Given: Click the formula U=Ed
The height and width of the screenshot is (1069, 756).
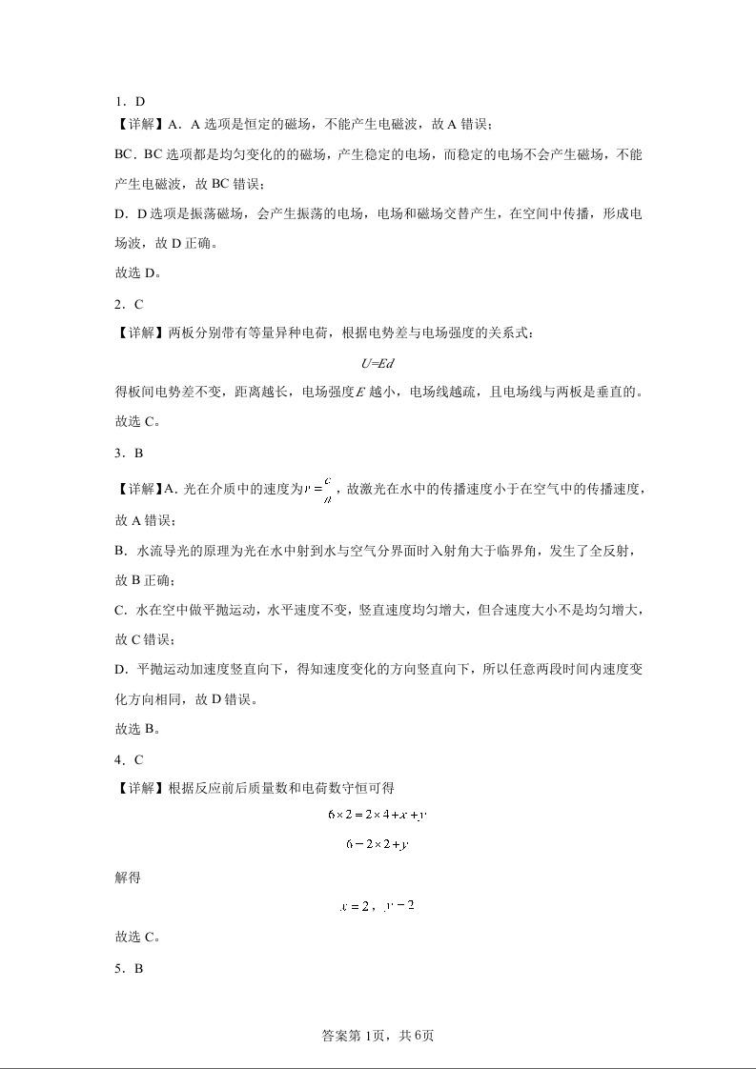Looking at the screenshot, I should point(377,362).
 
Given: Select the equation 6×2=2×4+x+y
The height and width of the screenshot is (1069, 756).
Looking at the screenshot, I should point(377,815).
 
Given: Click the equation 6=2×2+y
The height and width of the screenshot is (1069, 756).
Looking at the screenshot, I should point(377,843).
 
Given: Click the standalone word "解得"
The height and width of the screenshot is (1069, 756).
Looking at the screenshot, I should point(128,876).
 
